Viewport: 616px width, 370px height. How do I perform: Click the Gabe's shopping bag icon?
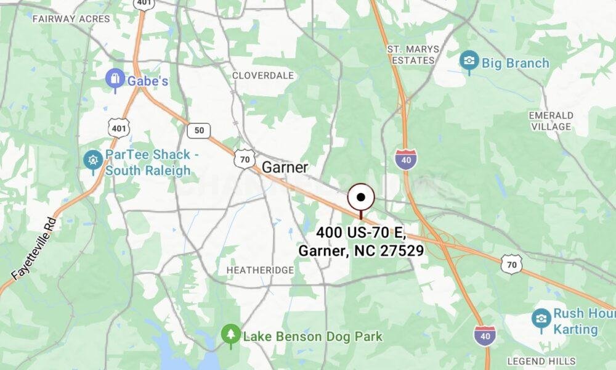click(x=115, y=79)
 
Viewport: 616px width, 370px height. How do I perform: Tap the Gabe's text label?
click(x=148, y=80)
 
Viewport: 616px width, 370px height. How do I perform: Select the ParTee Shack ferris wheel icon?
click(x=93, y=160)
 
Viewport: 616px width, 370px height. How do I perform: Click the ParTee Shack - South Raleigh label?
click(x=148, y=163)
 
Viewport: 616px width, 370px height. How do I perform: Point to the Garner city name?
click(x=285, y=167)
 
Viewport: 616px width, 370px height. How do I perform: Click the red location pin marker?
click(x=361, y=199)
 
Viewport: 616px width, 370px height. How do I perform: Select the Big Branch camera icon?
click(x=469, y=60)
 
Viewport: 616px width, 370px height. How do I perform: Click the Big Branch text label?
click(x=515, y=63)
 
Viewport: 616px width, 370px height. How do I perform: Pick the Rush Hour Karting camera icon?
click(x=541, y=318)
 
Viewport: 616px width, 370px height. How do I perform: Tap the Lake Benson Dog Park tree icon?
click(x=231, y=334)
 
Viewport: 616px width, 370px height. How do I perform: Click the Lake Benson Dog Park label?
click(x=312, y=337)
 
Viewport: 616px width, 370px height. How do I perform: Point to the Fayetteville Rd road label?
click(x=34, y=248)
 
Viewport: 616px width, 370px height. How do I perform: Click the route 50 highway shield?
click(x=198, y=130)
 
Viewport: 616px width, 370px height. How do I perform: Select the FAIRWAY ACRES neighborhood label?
click(x=71, y=19)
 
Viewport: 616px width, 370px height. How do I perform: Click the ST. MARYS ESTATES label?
click(x=413, y=54)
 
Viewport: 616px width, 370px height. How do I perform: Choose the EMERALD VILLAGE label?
click(x=551, y=121)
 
